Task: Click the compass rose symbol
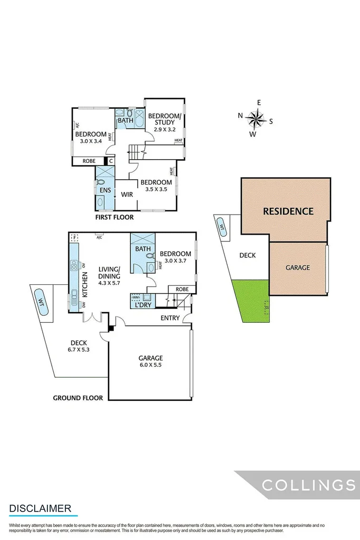click(x=255, y=119)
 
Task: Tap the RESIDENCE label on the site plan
click(x=288, y=211)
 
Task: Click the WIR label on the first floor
click(x=127, y=195)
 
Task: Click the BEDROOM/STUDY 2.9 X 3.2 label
click(x=164, y=122)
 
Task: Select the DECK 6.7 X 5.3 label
click(x=78, y=346)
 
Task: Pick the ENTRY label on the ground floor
click(x=170, y=317)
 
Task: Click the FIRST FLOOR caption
click(x=114, y=217)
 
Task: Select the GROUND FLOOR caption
click(x=77, y=398)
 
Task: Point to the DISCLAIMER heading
click(x=40, y=508)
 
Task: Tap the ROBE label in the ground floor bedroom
click(x=182, y=290)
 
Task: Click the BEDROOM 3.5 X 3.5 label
click(x=155, y=186)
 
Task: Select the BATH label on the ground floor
click(x=143, y=248)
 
